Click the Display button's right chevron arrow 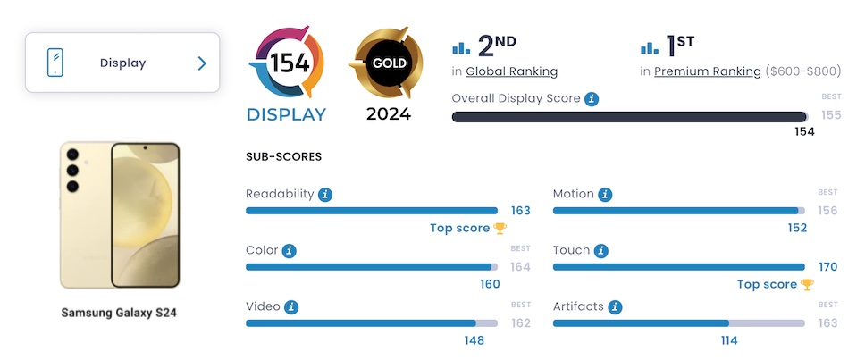202,63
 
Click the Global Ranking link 511,71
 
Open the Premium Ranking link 708,71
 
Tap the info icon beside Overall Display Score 592,98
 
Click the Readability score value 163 520,211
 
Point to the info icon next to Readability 325,194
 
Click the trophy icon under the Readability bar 500,228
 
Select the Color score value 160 490,284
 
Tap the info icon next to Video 291,307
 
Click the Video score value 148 474,340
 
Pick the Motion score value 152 797,228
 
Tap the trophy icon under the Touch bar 807,284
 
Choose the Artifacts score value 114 728,340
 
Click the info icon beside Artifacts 615,307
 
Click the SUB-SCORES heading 283,156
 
